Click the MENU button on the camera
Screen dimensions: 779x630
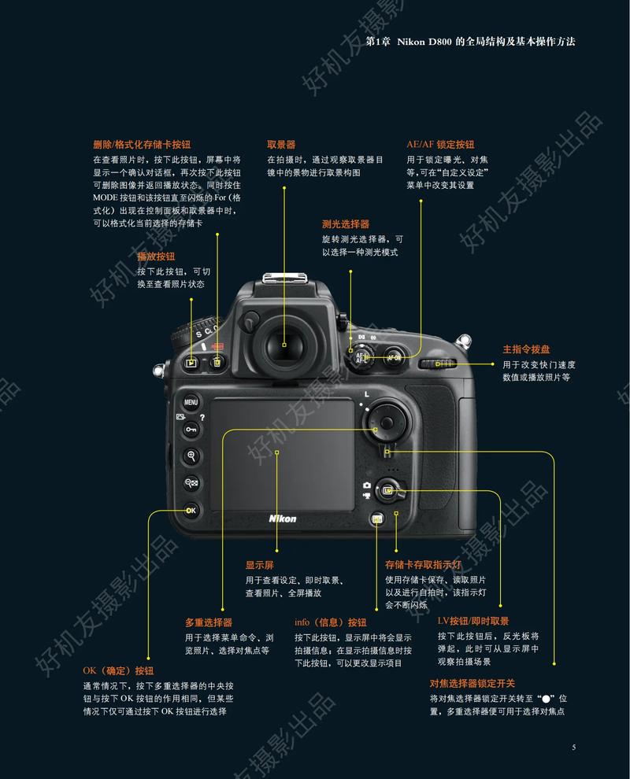point(191,401)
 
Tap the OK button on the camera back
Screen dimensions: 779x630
point(191,511)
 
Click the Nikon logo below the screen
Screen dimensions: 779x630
point(283,519)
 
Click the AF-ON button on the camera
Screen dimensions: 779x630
point(395,357)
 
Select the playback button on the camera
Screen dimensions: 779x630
point(191,363)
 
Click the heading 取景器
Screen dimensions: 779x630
point(281,145)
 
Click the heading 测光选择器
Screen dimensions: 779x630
point(346,224)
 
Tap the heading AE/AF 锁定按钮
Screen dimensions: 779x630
point(440,145)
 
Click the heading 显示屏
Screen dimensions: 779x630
point(260,565)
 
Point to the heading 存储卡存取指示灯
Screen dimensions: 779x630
point(423,565)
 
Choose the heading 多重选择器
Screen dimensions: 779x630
point(209,622)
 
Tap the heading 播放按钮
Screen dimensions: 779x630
point(156,257)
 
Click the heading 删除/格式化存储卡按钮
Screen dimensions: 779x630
point(142,145)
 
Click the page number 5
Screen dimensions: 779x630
point(574,747)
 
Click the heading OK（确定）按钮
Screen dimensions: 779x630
point(118,671)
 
